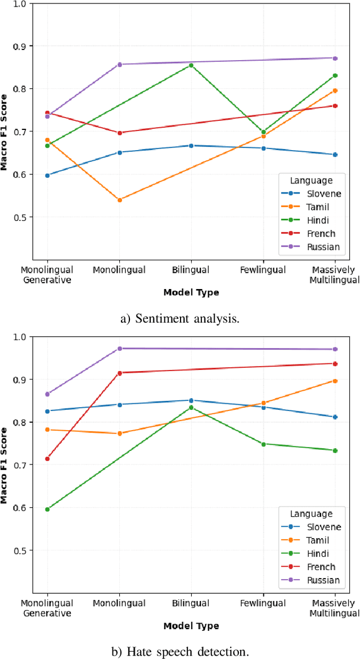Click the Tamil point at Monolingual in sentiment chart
coord(119,200)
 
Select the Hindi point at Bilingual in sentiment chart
coord(191,65)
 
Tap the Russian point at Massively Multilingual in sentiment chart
coord(335,58)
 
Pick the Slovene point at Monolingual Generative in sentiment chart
coord(47,175)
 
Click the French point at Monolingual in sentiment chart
coord(119,133)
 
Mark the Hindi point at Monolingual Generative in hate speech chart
coord(47,509)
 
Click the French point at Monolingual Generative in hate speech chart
coord(47,459)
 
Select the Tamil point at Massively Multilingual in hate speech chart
coord(335,381)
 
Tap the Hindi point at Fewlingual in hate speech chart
coord(263,444)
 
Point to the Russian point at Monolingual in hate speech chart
coord(119,349)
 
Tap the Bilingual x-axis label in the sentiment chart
coord(191,270)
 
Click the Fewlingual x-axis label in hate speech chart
coord(263,603)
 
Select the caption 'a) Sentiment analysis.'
coord(180,319)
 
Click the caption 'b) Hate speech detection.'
coord(180,652)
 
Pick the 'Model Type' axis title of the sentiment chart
coord(191,292)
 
